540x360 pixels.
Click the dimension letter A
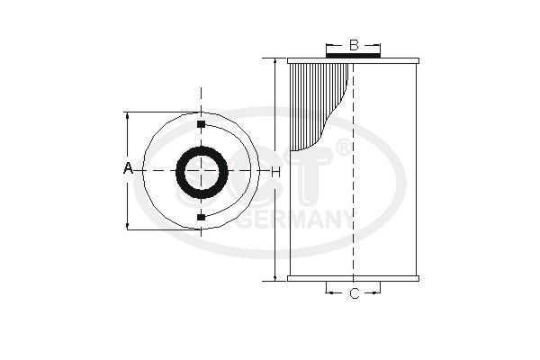click(x=128, y=169)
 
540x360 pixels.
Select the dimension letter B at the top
click(x=354, y=44)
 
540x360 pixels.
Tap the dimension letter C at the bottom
click(x=354, y=293)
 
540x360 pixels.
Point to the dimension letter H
click(x=275, y=171)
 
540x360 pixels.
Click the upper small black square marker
click(x=201, y=123)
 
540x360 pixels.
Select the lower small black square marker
click(x=201, y=217)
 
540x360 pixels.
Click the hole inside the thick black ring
click(x=201, y=170)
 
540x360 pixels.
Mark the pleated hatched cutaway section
click(x=315, y=99)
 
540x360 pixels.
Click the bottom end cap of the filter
click(x=354, y=279)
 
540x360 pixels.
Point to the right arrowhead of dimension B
click(x=380, y=44)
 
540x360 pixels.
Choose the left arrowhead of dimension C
click(x=328, y=293)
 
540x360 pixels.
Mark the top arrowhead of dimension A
click(x=128, y=116)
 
